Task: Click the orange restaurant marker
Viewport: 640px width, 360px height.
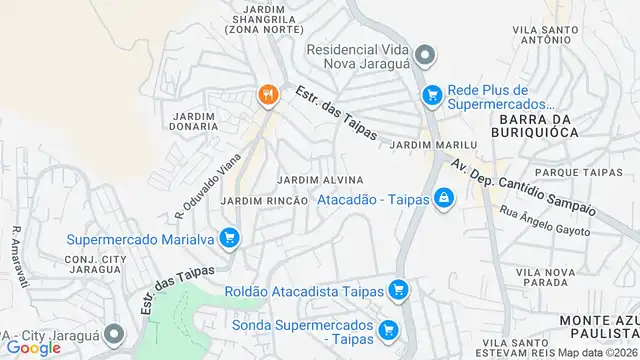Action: (x=267, y=96)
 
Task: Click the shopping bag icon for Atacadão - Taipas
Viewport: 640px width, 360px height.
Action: (x=443, y=200)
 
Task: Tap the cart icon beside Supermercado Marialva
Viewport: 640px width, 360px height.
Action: (x=230, y=238)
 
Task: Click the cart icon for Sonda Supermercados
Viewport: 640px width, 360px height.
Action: (x=388, y=328)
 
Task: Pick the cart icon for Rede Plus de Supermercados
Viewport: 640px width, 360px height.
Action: (x=432, y=95)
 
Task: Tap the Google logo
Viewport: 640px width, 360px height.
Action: (x=33, y=347)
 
